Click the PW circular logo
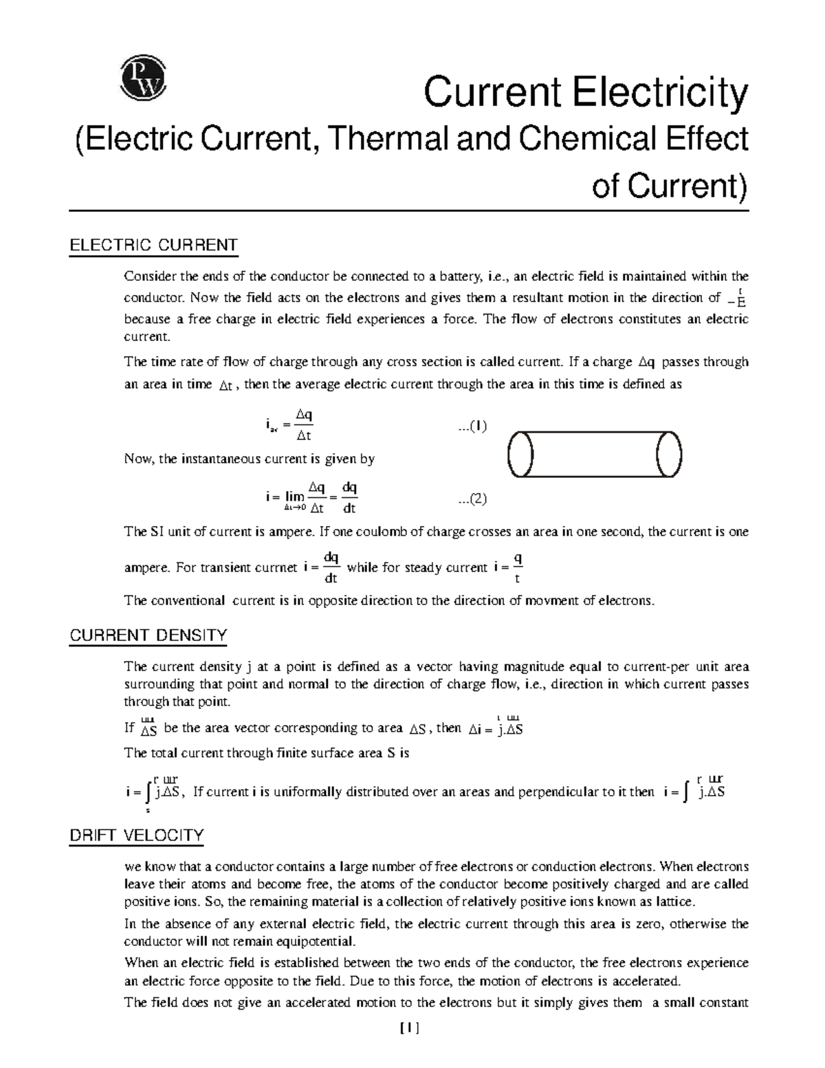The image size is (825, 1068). (x=143, y=79)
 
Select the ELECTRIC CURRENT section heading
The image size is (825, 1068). (x=153, y=246)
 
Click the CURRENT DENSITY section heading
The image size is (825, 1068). (x=148, y=635)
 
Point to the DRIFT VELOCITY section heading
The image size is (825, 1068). (x=136, y=836)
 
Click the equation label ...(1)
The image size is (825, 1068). (x=473, y=426)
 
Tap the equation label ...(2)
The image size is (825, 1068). (x=473, y=499)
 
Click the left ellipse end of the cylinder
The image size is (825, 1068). (x=520, y=455)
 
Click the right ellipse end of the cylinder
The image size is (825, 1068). (x=668, y=455)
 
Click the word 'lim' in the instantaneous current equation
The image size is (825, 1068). (x=295, y=496)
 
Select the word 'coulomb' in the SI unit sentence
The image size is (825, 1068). (x=361, y=532)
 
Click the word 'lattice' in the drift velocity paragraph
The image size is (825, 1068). (x=675, y=901)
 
